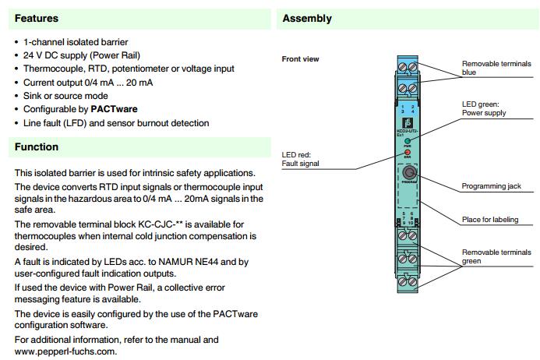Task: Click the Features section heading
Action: click(37, 18)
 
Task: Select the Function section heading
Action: click(37, 146)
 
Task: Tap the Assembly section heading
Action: click(307, 18)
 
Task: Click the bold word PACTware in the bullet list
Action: click(114, 109)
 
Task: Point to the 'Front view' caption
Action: click(300, 59)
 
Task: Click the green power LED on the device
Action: click(407, 140)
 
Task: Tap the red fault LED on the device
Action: click(407, 153)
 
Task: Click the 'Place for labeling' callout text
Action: click(490, 220)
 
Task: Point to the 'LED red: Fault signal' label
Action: click(300, 159)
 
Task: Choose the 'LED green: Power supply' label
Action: click(485, 108)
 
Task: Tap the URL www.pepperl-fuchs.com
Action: click(65, 351)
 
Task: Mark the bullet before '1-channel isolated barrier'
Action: click(17, 42)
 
